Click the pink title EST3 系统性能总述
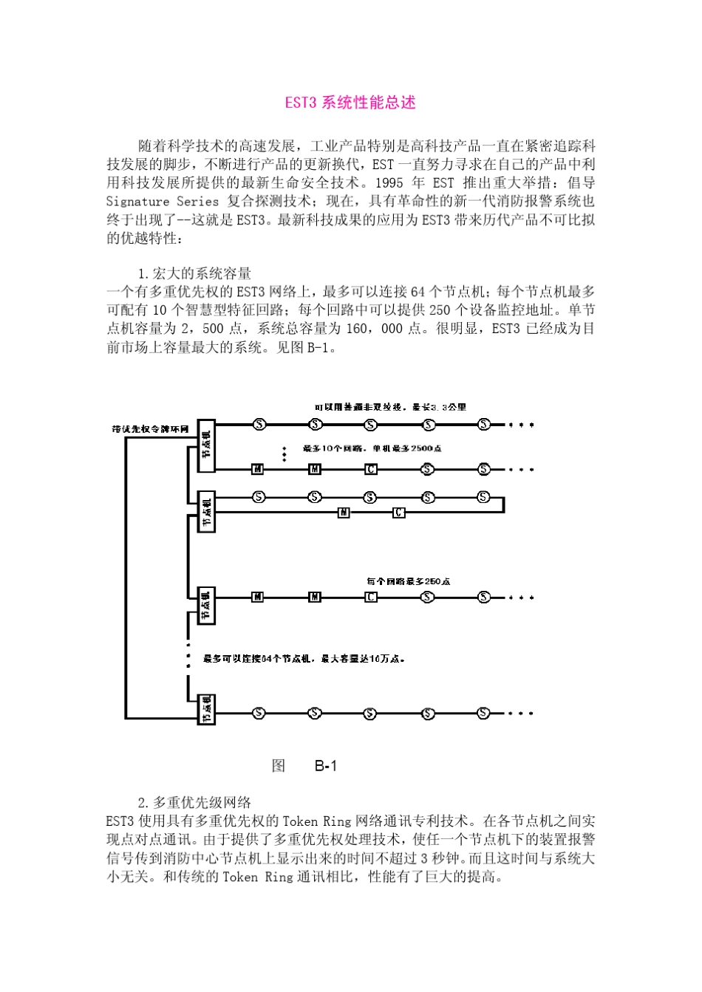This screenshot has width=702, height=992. pyautogui.click(x=350, y=103)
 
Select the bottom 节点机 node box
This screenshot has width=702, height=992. pyautogui.click(x=206, y=709)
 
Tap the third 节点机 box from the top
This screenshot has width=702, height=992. pyautogui.click(x=206, y=605)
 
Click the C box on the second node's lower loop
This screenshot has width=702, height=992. pyautogui.click(x=398, y=513)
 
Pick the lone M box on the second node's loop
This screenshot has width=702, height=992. pyautogui.click(x=344, y=513)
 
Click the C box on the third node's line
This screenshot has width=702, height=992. pyautogui.click(x=371, y=597)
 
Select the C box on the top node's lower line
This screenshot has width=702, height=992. pyautogui.click(x=371, y=469)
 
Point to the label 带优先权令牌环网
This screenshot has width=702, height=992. pyautogui.click(x=150, y=429)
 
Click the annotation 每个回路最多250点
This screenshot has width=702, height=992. pyautogui.click(x=409, y=581)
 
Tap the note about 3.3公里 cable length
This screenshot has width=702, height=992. pyautogui.click(x=390, y=407)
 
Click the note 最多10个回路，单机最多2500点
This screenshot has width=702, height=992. pyautogui.click(x=373, y=448)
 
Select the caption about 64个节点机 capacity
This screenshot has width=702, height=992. pyautogui.click(x=304, y=658)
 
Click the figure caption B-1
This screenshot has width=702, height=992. pyautogui.click(x=325, y=766)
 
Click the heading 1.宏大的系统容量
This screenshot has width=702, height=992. pyautogui.click(x=194, y=273)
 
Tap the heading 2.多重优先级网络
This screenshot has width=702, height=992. pyautogui.click(x=194, y=802)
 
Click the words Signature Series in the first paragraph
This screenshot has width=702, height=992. pyautogui.click(x=163, y=201)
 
